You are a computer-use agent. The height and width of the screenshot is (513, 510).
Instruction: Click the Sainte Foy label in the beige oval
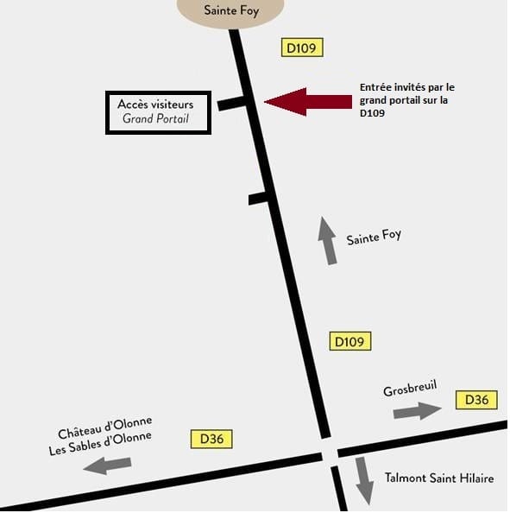pos(231,10)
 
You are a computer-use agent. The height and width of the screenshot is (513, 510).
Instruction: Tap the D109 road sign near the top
pos(302,47)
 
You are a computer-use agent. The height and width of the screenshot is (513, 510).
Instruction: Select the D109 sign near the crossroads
pos(350,341)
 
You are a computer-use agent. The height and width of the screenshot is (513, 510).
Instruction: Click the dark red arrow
pos(308,102)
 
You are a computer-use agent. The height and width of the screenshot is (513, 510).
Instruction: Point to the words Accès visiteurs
pos(155,104)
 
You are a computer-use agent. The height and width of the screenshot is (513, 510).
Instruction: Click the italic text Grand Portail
pos(155,118)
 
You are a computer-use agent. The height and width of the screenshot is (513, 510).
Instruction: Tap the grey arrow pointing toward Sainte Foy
pos(328,240)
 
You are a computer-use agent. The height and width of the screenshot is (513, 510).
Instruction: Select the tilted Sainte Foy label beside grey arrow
pos(374,237)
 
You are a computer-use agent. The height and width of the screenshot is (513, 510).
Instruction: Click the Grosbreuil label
pos(410,388)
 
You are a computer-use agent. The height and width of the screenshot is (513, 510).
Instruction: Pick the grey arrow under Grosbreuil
pos(418,410)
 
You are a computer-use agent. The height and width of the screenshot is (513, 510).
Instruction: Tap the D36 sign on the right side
pos(476,400)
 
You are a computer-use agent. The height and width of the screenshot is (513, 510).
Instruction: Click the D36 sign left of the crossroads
pos(211,439)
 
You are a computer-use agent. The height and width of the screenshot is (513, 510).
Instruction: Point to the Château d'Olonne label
pos(105,427)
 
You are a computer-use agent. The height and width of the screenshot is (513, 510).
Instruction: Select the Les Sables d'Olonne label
pos(100,443)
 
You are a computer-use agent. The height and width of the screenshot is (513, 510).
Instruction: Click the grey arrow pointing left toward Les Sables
pos(107,465)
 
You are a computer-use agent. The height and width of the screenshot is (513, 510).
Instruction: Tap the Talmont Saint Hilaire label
pos(439,478)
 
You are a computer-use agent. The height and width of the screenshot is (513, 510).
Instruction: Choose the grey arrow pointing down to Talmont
pos(364,481)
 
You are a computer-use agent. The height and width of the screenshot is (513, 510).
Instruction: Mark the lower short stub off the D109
pos(259,199)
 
